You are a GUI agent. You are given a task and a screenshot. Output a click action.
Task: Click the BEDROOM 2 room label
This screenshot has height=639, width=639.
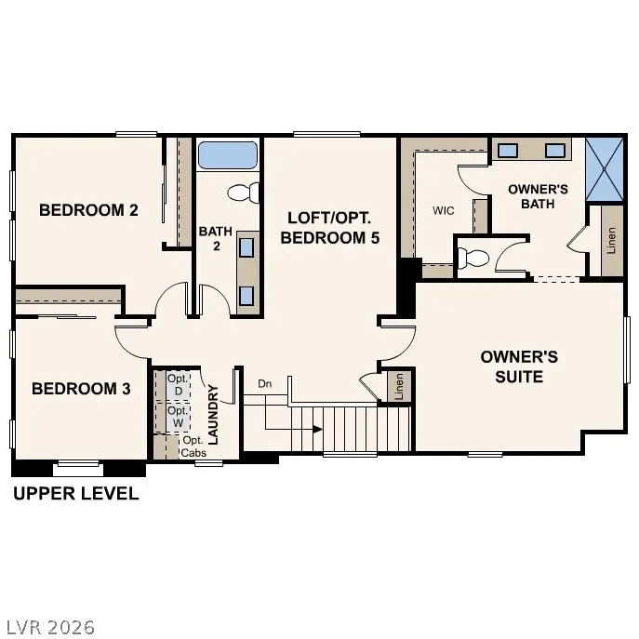pyautogui.click(x=88, y=210)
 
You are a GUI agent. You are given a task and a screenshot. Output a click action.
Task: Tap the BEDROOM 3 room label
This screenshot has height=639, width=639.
pyautogui.click(x=81, y=388)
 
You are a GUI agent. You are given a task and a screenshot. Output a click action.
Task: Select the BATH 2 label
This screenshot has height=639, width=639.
pyautogui.click(x=208, y=238)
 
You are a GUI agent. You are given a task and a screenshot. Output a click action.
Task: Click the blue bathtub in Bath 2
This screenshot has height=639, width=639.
pyautogui.click(x=227, y=154)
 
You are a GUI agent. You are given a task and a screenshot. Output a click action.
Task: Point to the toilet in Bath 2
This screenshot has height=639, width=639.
pyautogui.click(x=245, y=193)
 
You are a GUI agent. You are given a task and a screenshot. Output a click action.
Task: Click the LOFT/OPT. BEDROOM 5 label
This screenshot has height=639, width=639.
pyautogui.click(x=329, y=227)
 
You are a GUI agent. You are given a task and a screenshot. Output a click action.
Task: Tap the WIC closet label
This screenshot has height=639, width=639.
pyautogui.click(x=444, y=211)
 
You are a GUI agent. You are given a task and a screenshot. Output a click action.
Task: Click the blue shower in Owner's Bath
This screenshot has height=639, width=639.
pyautogui.click(x=606, y=168)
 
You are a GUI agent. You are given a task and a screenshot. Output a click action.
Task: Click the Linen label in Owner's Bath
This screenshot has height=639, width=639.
pyautogui.click(x=611, y=241)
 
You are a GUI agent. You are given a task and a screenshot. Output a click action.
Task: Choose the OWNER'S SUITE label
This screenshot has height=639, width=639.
pyautogui.click(x=519, y=366)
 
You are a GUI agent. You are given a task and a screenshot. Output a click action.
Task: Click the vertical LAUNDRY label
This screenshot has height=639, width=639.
pyautogui.click(x=213, y=414)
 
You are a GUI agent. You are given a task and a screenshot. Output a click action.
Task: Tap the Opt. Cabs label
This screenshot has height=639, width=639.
pyautogui.click(x=193, y=446)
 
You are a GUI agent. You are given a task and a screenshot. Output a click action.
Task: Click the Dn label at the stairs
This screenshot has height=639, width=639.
pyautogui.click(x=265, y=383)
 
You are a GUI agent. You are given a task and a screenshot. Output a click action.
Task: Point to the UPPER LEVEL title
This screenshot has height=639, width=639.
pyautogui.click(x=75, y=494)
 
